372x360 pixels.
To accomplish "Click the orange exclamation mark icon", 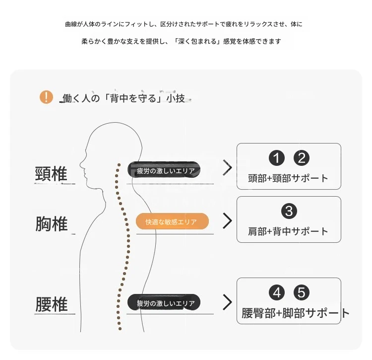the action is click(46, 97).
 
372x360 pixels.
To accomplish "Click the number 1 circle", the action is click(277, 158).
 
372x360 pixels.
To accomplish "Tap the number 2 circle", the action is click(302, 158).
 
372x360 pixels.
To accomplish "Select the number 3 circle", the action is click(289, 211).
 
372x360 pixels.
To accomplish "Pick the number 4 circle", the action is click(277, 292).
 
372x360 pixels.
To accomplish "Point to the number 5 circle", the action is click(302, 292).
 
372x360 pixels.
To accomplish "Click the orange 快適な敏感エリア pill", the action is click(172, 221).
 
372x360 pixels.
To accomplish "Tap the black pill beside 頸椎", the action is click(164, 169).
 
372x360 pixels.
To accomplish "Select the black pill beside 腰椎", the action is click(164, 302).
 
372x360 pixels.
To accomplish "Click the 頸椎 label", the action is click(51, 174).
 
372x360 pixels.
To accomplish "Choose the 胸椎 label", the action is click(52, 223).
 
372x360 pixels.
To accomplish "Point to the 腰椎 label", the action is click(52, 304).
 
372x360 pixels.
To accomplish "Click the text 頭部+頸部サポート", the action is click(288, 178).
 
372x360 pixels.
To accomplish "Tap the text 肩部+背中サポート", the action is click(288, 231).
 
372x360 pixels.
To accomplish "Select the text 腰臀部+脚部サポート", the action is click(296, 313).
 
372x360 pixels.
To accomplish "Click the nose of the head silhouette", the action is click(81, 164).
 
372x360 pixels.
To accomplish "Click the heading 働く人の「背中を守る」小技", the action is click(124, 98).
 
